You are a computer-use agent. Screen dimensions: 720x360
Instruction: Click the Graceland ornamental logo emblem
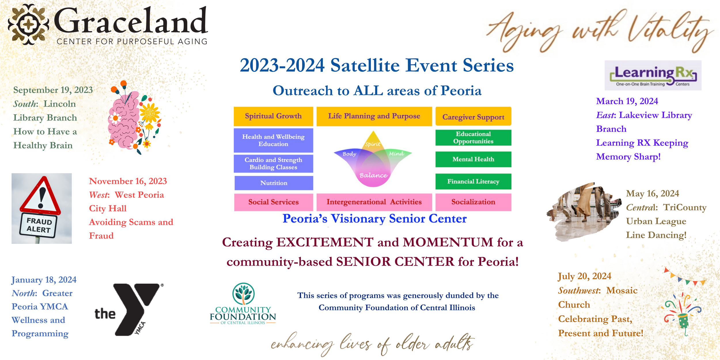click(28, 24)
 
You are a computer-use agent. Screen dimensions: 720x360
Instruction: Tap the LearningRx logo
click(653, 75)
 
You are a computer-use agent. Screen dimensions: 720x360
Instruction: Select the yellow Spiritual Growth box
click(273, 116)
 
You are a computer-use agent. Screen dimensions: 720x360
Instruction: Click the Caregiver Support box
click(473, 116)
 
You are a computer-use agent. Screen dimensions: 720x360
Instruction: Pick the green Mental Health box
click(473, 159)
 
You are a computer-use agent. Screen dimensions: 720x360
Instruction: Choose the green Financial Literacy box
click(473, 181)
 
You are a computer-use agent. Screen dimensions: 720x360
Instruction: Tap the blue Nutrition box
click(274, 183)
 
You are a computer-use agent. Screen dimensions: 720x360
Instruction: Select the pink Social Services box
click(274, 202)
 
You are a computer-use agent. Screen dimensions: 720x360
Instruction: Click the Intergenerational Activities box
click(374, 202)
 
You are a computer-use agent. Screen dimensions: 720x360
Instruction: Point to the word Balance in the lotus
click(373, 175)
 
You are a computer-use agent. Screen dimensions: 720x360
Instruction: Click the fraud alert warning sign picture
click(41, 209)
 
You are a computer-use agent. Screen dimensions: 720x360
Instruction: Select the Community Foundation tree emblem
click(243, 294)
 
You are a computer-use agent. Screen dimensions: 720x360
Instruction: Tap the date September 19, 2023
click(53, 90)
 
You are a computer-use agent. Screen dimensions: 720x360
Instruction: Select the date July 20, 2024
click(584, 276)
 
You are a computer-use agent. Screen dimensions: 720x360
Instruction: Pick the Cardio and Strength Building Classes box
click(273, 164)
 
